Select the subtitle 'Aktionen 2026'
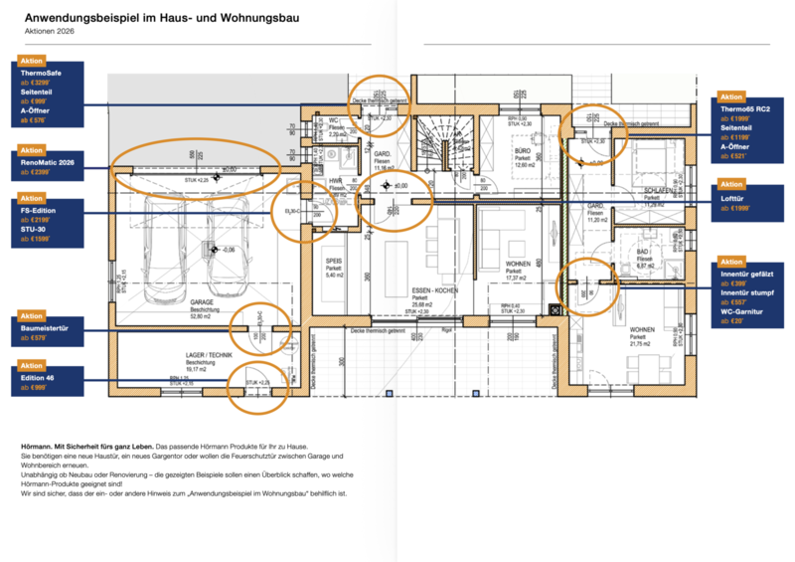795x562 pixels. pos(49,32)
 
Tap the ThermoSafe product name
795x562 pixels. pos(39,74)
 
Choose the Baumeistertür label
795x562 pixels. pos(44,327)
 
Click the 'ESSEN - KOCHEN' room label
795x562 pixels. pos(433,289)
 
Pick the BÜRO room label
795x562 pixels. pos(523,150)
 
